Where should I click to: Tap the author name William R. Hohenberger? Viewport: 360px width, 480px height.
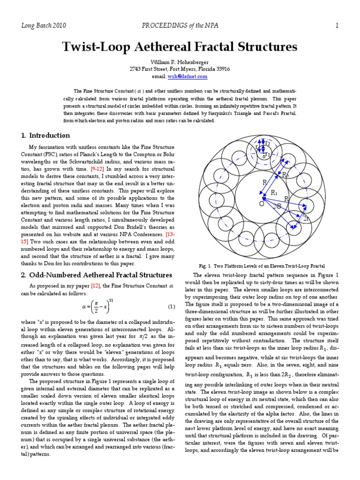pyautogui.click(x=180, y=62)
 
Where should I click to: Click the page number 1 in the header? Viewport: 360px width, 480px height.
pyautogui.click(x=337, y=26)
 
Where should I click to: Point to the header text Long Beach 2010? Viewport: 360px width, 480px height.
pyautogui.click(x=43, y=26)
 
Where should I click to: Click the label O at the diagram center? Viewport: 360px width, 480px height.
pyautogui.click(x=262, y=203)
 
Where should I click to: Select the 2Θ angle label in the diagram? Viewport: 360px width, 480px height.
pyautogui.click(x=277, y=206)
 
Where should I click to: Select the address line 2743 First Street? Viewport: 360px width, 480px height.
pyautogui.click(x=180, y=69)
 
